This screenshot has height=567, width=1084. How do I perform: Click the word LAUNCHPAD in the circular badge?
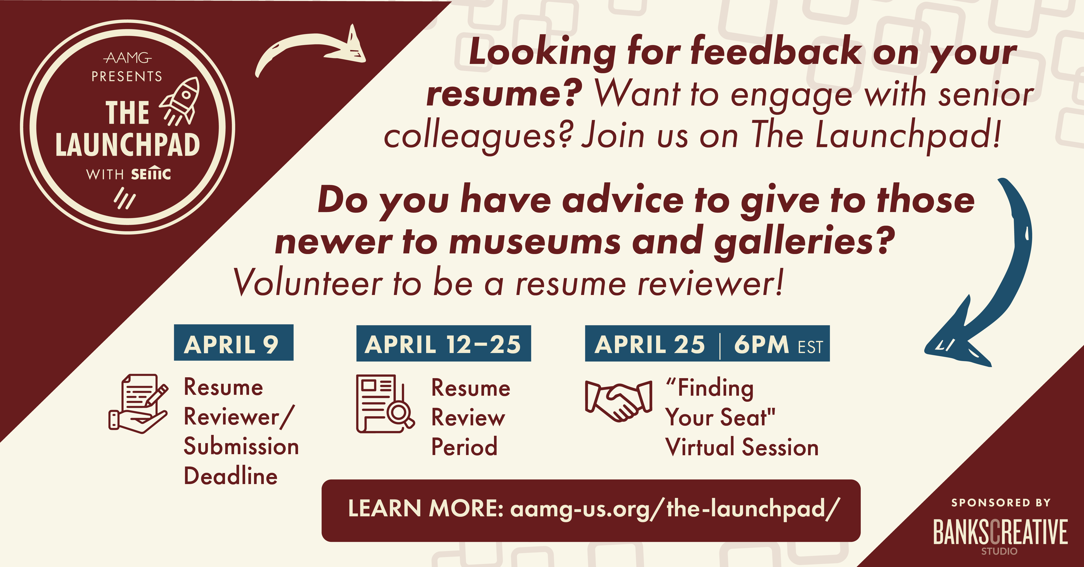(x=127, y=145)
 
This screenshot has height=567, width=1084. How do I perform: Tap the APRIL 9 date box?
(x=233, y=343)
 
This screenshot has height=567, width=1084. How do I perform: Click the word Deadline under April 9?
(x=231, y=476)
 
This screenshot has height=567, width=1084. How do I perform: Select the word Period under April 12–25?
(x=464, y=446)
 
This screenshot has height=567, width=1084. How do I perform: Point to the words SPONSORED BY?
(x=1001, y=503)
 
